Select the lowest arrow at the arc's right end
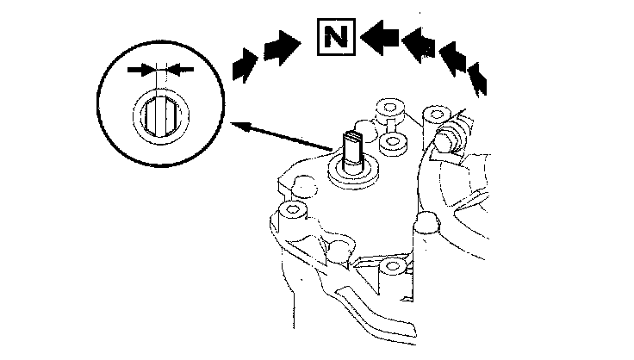click(479, 81)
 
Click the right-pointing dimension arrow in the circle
click(141, 68)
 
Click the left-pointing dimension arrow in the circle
click(179, 68)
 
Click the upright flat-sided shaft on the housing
click(354, 150)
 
